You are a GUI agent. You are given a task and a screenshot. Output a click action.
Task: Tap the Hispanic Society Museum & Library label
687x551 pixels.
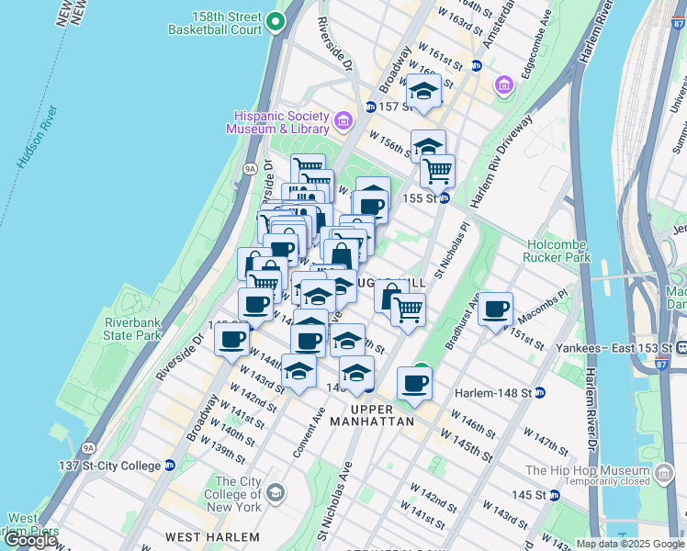[x=281, y=121]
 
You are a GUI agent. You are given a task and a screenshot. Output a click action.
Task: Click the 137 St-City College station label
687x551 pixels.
[x=110, y=466]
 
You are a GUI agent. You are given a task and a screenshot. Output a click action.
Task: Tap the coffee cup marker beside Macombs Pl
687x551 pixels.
[x=495, y=309]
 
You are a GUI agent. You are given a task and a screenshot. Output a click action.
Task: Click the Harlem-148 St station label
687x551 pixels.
[x=494, y=392]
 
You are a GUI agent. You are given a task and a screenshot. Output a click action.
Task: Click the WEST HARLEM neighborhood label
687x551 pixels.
[x=211, y=536]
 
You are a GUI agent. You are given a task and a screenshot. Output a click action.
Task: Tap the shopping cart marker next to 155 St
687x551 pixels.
[x=438, y=171]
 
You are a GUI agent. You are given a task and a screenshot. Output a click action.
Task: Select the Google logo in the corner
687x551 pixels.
[x=30, y=540]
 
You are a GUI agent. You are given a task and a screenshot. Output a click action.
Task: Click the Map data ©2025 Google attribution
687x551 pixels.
[x=629, y=544]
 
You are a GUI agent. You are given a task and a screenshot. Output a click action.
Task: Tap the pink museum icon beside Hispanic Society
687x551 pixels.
[x=343, y=120]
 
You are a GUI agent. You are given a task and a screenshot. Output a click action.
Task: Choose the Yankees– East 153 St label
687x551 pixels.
[x=613, y=348]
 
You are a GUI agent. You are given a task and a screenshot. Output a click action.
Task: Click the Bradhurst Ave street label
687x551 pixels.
[x=463, y=321]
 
